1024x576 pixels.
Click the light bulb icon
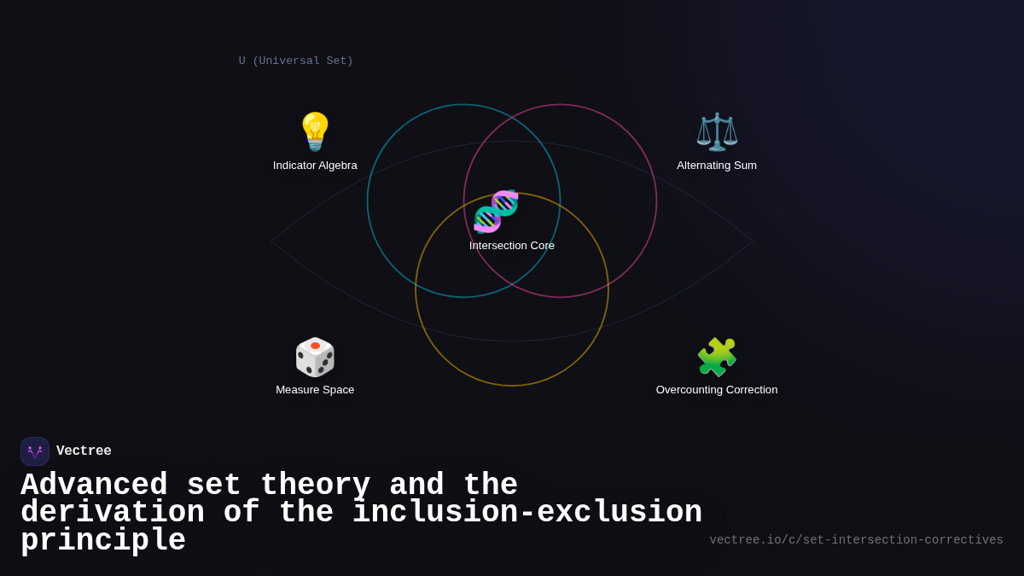[x=315, y=131]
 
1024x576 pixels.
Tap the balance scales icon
[x=717, y=131]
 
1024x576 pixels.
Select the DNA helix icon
[x=496, y=211]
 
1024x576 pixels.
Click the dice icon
[x=315, y=357]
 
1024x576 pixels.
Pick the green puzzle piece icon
[x=717, y=357]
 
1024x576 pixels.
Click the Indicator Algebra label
[x=315, y=166]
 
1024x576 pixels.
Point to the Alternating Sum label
[x=717, y=166]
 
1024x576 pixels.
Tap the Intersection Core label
[x=512, y=246]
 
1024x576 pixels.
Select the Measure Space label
[x=315, y=390]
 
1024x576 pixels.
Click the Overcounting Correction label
[x=717, y=390]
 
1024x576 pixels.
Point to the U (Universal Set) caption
[x=296, y=61]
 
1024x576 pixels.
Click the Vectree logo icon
[x=35, y=451]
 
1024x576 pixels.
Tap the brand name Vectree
[x=84, y=451]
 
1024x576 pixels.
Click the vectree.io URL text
[x=856, y=540]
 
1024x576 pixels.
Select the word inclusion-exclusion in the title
[x=527, y=513]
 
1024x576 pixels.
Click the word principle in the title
[x=103, y=541]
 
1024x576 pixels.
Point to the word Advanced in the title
[x=94, y=486]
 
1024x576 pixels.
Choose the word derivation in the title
[x=113, y=513]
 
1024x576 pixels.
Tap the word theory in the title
[x=315, y=486]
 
